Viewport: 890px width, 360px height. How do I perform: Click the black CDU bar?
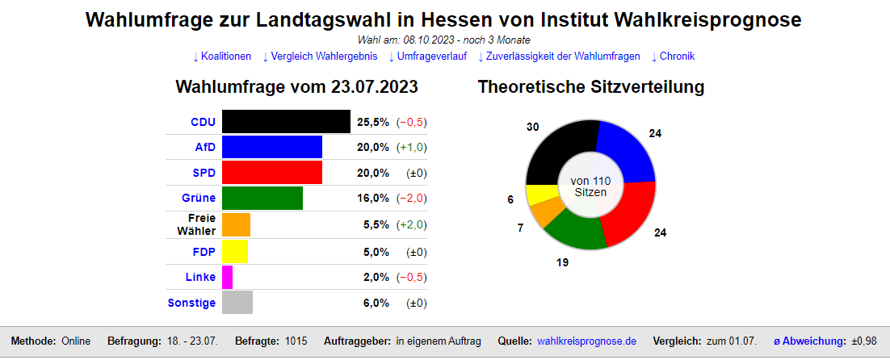pos(286,122)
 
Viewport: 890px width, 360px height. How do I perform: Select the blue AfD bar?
pos(271,147)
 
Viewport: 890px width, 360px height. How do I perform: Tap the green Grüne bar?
pos(262,198)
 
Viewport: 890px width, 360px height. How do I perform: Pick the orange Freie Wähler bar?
pos(236,224)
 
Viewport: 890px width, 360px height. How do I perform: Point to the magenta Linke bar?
pos(227,277)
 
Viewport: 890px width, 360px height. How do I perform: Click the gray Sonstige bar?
pos(237,303)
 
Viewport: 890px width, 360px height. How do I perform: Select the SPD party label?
pos(204,173)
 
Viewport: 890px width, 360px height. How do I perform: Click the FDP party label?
pos(204,251)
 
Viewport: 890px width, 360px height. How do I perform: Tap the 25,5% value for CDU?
pos(372,122)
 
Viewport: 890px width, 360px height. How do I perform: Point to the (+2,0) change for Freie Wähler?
pos(411,225)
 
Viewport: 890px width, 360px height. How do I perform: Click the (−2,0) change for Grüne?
pos(411,199)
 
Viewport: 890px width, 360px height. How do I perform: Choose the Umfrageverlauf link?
pos(430,57)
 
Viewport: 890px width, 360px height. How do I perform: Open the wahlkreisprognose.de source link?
pos(586,341)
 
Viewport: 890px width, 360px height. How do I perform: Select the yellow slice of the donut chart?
pos(539,195)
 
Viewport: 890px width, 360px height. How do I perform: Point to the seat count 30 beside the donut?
pos(532,128)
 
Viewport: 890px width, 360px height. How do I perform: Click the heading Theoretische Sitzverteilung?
pos(591,86)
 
